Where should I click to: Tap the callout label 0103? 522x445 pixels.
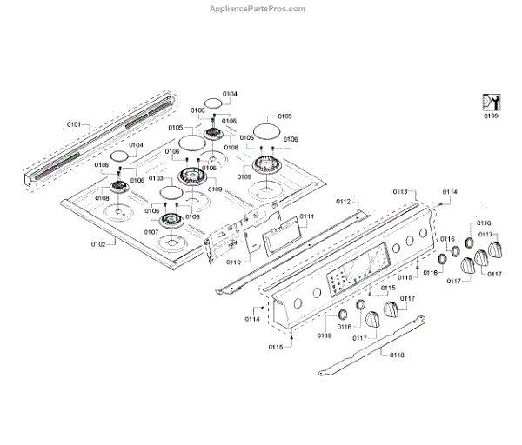pos(156,177)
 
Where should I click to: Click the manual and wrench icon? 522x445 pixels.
pos(492,100)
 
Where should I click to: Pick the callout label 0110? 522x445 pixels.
pos(233,261)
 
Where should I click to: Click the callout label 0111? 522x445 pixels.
pos(306,216)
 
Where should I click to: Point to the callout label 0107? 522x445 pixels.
pos(151,232)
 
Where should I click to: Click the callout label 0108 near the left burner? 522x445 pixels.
pos(103,199)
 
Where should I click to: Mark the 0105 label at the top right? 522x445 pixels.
pos(284,116)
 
